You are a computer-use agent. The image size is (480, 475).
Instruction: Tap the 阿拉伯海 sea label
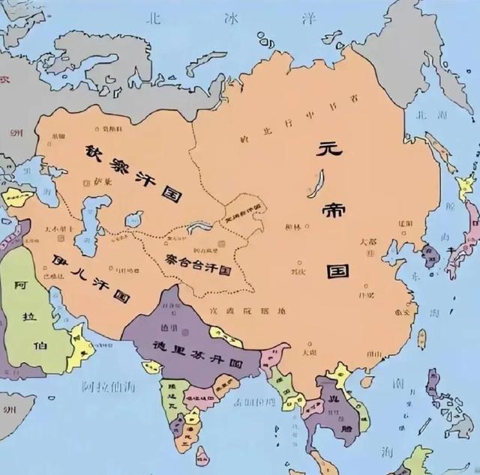tap(109, 387)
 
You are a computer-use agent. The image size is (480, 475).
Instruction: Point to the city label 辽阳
tap(405, 223)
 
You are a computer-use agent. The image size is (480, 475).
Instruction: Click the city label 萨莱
tap(103, 180)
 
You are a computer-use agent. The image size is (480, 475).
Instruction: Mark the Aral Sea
tap(134, 219)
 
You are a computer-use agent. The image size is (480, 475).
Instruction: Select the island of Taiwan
tap(421, 339)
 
